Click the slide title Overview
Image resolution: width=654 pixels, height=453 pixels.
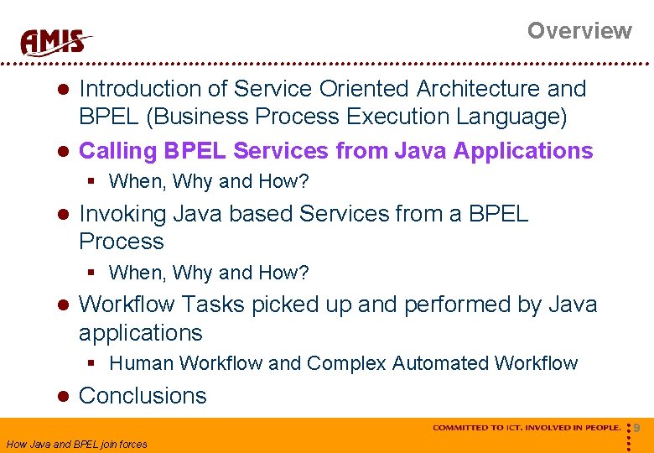click(579, 31)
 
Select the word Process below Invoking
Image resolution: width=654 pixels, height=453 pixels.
click(121, 242)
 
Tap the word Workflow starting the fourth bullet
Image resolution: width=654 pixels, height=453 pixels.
click(127, 304)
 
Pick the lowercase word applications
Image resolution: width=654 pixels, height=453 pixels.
click(140, 333)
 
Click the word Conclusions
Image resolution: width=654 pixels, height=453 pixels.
click(143, 396)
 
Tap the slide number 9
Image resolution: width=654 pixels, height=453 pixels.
click(636, 429)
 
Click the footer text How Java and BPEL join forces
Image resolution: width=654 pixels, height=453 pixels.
click(76, 444)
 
